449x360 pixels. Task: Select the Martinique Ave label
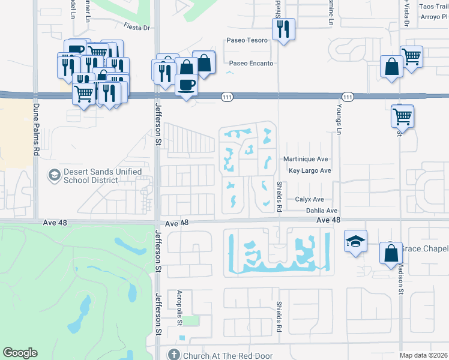306,160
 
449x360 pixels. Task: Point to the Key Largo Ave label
310,171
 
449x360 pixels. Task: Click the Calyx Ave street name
309,199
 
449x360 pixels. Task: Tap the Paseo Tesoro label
246,41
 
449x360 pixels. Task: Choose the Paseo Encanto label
251,63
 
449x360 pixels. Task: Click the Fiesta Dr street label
136,28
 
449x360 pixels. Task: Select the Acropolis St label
179,308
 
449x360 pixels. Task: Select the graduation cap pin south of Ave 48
355,241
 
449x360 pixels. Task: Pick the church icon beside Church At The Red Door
174,355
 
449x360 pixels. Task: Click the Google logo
20,353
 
